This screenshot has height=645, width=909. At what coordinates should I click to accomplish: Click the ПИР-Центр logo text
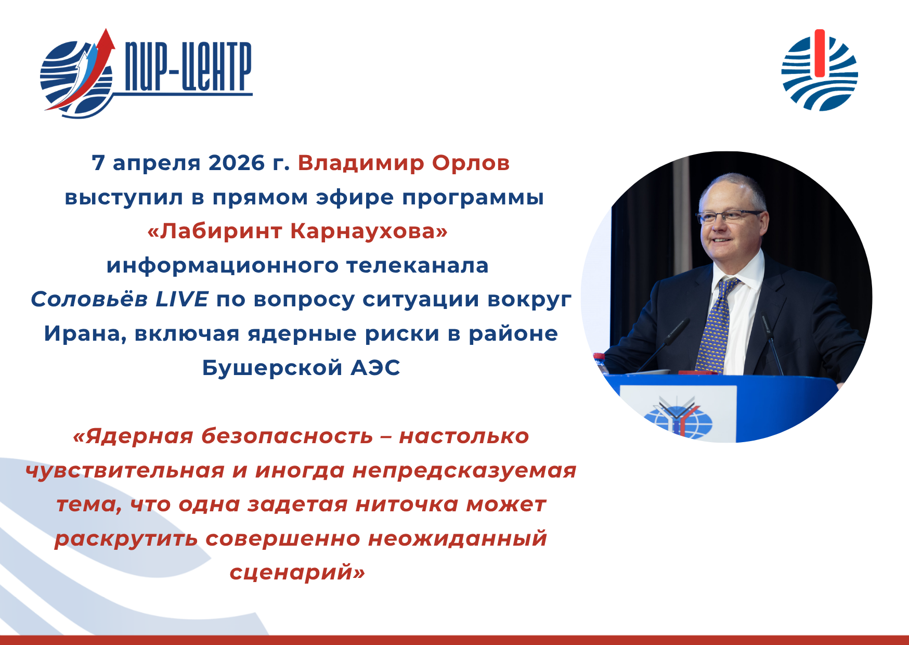(189, 68)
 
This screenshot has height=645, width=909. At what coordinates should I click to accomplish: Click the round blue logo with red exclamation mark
(820, 71)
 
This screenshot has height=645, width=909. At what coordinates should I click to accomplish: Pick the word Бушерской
(272, 368)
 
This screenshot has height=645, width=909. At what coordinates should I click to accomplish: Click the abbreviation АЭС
(375, 368)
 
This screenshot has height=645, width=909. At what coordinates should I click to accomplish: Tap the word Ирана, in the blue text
(85, 334)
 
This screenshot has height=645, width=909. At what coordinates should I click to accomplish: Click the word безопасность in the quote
(287, 436)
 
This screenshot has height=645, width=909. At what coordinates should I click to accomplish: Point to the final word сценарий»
(297, 573)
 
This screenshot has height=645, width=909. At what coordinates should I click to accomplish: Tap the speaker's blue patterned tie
(717, 325)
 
